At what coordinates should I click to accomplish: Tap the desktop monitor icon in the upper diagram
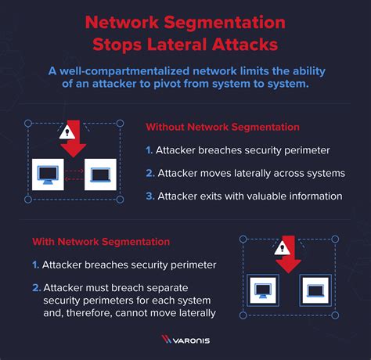point(49,176)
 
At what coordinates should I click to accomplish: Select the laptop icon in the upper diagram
point(100,176)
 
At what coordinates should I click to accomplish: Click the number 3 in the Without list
point(149,196)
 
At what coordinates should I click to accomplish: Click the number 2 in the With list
point(35,289)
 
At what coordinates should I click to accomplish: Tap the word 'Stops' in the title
point(111,38)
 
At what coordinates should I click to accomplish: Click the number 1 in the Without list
point(149,149)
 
